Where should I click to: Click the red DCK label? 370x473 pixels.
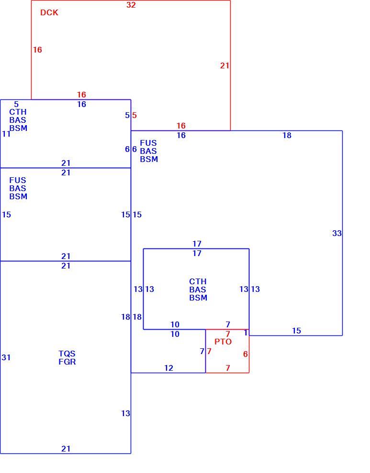click(x=49, y=12)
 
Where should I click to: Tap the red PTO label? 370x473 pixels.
click(x=223, y=342)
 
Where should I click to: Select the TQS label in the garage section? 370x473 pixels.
click(x=67, y=354)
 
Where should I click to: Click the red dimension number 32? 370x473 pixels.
click(x=131, y=5)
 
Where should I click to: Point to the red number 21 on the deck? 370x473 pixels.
click(x=224, y=65)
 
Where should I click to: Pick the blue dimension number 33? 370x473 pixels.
click(x=337, y=233)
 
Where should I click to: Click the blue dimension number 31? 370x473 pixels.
click(x=6, y=357)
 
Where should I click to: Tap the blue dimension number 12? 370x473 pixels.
click(x=168, y=368)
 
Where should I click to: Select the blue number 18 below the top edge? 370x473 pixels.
click(x=287, y=135)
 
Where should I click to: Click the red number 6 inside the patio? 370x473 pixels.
click(x=246, y=354)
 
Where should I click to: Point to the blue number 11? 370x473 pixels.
click(x=6, y=134)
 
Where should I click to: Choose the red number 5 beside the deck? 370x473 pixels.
click(x=134, y=115)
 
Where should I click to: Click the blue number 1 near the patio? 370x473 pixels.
click(x=246, y=333)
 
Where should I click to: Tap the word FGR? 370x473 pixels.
click(x=67, y=362)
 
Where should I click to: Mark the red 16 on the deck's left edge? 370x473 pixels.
click(x=37, y=50)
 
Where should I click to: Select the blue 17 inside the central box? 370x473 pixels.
click(x=197, y=253)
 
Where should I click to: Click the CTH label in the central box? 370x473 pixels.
click(x=198, y=281)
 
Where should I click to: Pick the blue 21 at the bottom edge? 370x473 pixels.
click(x=66, y=449)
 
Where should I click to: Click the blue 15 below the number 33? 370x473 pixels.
click(x=297, y=331)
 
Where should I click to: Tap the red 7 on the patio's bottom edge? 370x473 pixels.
click(x=228, y=368)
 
